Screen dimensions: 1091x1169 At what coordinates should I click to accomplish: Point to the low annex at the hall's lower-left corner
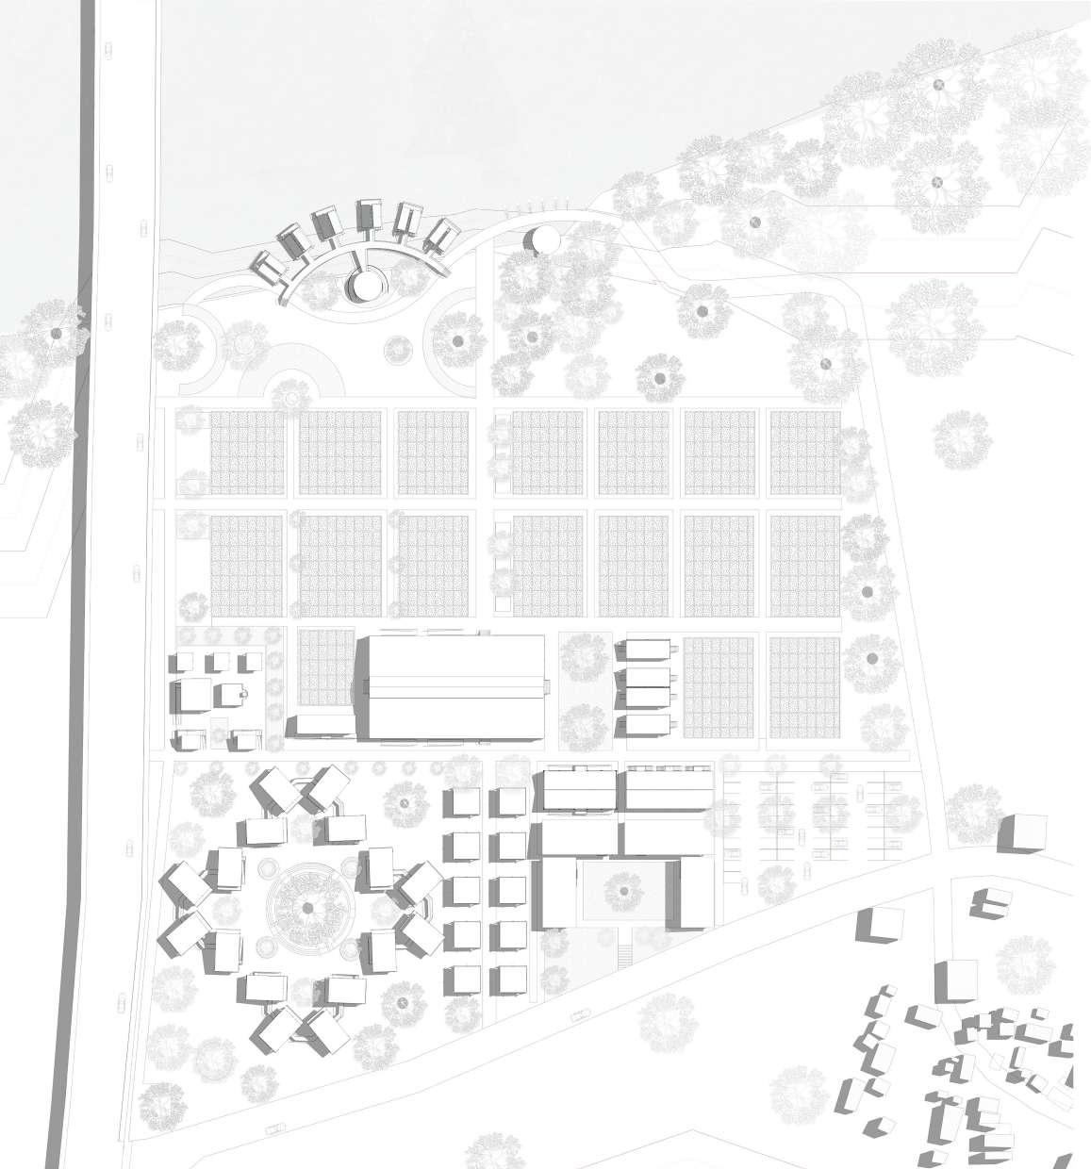pyautogui.click(x=321, y=725)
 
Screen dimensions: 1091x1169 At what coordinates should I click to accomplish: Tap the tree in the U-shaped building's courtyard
pyautogui.click(x=623, y=888)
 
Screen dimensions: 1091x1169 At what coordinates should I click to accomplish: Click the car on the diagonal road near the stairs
pyautogui.click(x=578, y=1016)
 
